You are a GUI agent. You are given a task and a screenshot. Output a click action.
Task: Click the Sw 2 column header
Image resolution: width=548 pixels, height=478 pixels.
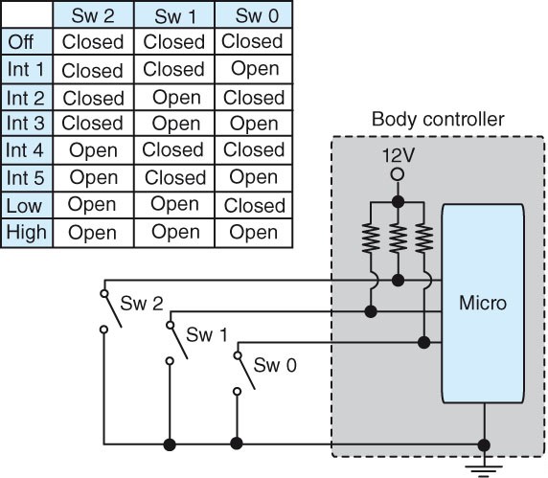click(93, 14)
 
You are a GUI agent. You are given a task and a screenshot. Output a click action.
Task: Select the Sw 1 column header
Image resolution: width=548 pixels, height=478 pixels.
click(174, 14)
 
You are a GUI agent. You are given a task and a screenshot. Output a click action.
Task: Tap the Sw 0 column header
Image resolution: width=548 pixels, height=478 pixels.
click(253, 14)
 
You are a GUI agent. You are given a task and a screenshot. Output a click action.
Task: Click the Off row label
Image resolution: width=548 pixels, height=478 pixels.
click(23, 42)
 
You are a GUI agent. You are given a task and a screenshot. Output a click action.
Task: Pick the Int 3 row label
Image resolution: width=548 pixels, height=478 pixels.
click(26, 124)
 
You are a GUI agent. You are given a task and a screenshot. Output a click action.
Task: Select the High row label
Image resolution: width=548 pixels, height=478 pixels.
click(26, 232)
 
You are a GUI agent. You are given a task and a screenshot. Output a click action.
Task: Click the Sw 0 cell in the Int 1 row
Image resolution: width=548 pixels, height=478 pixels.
click(253, 69)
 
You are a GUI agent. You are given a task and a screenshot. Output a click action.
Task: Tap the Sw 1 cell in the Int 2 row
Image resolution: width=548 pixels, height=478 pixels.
click(174, 97)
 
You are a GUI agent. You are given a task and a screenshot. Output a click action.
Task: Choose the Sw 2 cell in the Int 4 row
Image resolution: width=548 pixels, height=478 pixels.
click(93, 150)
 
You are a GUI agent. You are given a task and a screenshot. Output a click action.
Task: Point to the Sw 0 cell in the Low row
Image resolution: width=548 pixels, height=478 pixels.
click(253, 205)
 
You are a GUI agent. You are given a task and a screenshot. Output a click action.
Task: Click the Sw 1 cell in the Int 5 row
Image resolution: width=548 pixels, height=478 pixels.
click(174, 178)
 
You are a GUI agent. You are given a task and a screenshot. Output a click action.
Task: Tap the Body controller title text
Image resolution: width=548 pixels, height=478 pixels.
click(436, 120)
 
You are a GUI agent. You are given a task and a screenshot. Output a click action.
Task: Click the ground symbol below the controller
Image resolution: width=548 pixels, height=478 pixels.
click(485, 467)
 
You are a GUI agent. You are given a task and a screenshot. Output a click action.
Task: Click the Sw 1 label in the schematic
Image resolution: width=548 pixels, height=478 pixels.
click(206, 334)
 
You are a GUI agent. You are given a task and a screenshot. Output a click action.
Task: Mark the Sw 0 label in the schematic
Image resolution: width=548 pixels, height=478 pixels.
click(274, 364)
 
